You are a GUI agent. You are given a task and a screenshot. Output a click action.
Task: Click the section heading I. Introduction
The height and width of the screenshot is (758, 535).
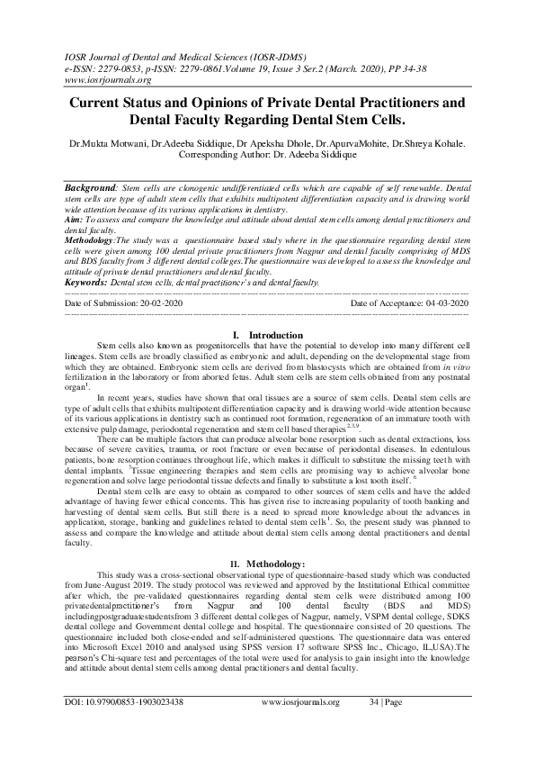click(267, 335)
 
